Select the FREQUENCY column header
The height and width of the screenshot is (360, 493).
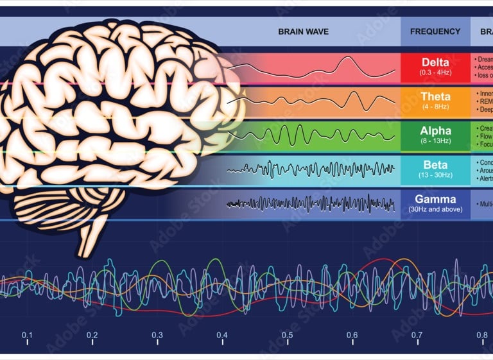coord(435,31)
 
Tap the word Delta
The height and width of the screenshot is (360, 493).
coord(435,62)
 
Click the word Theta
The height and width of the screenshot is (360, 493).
coord(435,96)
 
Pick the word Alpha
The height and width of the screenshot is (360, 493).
coord(435,131)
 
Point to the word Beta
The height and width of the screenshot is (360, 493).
coord(435,165)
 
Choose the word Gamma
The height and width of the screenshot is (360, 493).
coord(435,199)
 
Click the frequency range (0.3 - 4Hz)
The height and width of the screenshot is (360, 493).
coord(435,72)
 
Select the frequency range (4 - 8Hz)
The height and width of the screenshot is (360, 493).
coord(435,107)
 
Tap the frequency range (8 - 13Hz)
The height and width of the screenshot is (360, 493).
coord(435,141)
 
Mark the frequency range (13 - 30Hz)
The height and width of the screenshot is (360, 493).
coord(435,175)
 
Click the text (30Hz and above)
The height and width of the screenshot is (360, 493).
coord(435,209)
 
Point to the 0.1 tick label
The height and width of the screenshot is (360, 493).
coord(27,335)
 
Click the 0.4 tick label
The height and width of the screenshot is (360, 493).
coord(222,335)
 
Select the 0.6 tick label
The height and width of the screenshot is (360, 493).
coord(352,335)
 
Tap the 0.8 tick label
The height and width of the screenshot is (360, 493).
coord(481,335)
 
